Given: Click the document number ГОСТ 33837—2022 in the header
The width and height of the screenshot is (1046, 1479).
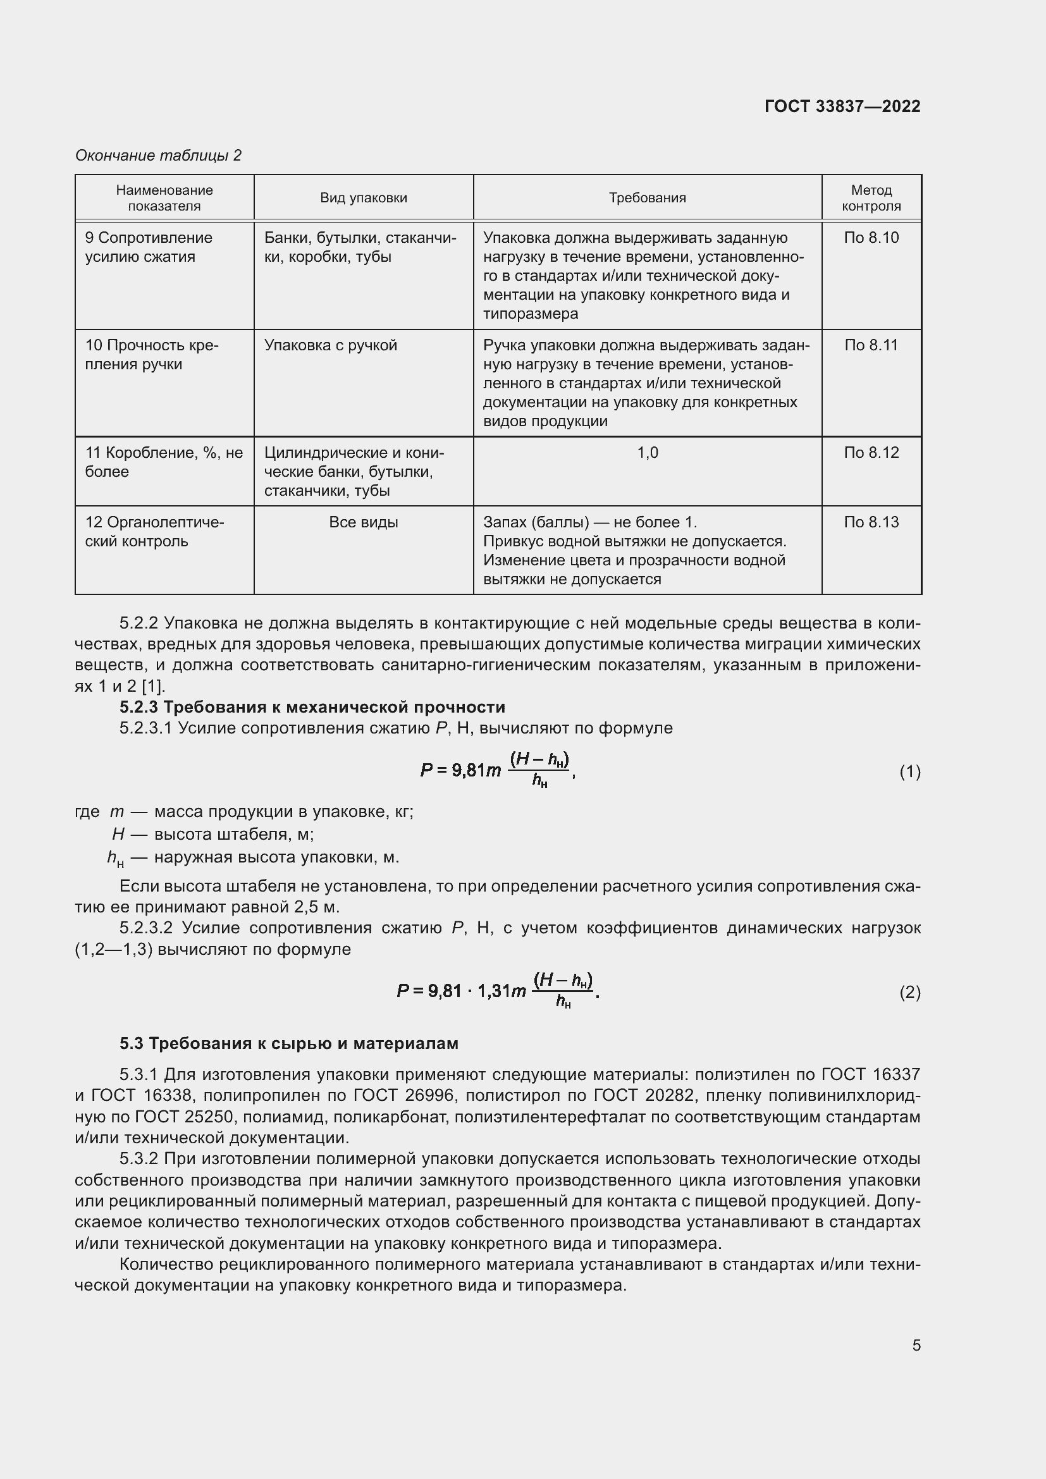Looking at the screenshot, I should pos(842,106).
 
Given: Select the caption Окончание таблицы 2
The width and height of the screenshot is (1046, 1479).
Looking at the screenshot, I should pos(158,156).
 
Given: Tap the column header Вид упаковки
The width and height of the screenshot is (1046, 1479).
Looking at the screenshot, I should pos(363,198).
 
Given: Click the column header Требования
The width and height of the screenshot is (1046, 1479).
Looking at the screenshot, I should pos(648,198).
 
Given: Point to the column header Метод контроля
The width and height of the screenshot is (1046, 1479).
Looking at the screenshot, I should pos(871,198).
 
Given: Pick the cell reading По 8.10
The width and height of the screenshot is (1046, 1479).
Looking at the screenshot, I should pos(871,238).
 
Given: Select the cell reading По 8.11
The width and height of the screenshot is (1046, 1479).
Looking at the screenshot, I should pos(871,345).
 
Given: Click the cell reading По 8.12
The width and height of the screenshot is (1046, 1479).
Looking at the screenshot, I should pos(871,453).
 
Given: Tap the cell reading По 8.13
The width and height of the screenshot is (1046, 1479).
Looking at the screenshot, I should pos(871,522).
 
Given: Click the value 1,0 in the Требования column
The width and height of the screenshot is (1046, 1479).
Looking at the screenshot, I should pos(648,453).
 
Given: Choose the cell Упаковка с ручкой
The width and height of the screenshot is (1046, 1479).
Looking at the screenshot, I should pos(330,345).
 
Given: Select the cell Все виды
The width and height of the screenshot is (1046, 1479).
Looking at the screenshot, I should pos(363,522).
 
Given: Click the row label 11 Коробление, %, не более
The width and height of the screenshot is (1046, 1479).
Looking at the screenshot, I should pos(164,462).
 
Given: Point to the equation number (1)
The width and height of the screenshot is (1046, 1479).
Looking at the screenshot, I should pos(909,771).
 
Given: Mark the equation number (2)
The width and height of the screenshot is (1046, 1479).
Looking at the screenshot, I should pos(909,993).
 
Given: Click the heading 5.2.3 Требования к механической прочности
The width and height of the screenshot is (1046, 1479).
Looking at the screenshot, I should pos(312,708).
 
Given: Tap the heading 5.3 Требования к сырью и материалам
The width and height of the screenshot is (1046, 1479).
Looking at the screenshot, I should pos(288,1043).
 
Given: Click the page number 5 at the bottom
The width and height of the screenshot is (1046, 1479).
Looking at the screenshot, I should pos(916,1345).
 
